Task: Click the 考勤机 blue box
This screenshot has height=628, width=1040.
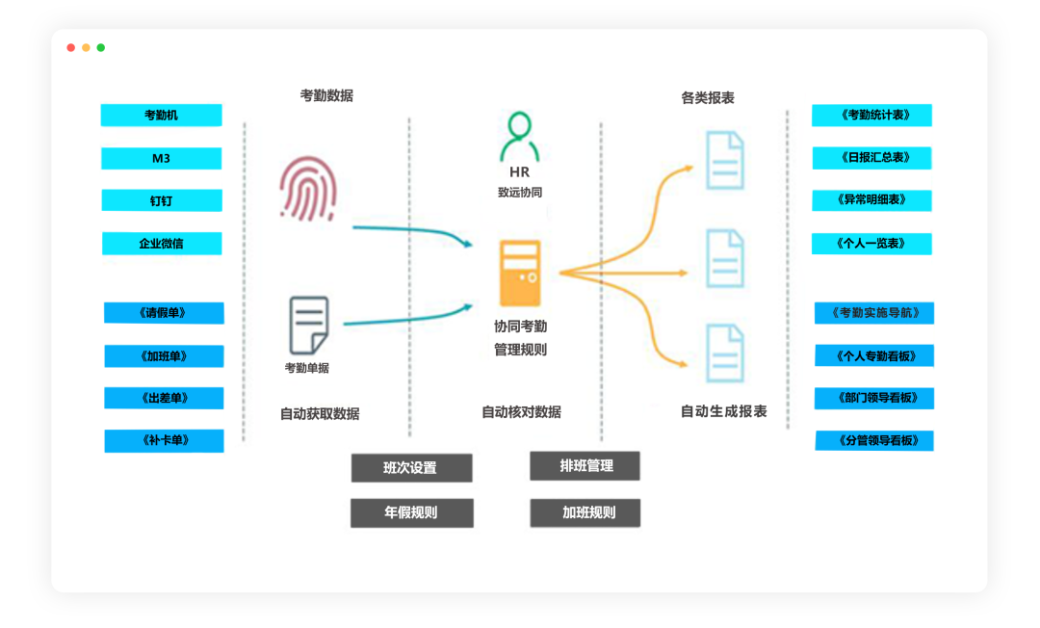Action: click(161, 116)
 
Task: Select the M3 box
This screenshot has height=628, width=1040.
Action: click(161, 158)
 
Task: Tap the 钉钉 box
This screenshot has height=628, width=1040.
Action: click(161, 200)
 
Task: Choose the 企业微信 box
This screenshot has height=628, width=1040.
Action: click(161, 244)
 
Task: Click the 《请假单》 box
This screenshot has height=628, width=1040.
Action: click(164, 313)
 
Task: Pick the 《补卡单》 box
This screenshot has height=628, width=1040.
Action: click(164, 441)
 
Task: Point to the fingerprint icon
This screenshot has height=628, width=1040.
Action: click(308, 190)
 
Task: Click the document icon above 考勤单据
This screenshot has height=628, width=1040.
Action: click(308, 325)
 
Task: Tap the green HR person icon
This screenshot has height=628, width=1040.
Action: click(519, 137)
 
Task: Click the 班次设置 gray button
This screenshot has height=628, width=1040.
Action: click(411, 468)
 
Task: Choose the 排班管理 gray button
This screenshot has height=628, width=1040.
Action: click(585, 466)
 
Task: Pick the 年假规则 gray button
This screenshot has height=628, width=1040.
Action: click(411, 512)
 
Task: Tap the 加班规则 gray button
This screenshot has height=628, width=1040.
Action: click(585, 512)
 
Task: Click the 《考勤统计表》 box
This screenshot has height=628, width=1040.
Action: click(871, 116)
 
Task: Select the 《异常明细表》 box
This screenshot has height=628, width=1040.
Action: click(871, 200)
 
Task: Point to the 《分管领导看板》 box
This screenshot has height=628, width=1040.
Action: click(873, 441)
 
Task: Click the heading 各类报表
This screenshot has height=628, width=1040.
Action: click(708, 98)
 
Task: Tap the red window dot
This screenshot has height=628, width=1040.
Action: click(71, 47)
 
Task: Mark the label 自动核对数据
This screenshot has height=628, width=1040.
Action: click(521, 412)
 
